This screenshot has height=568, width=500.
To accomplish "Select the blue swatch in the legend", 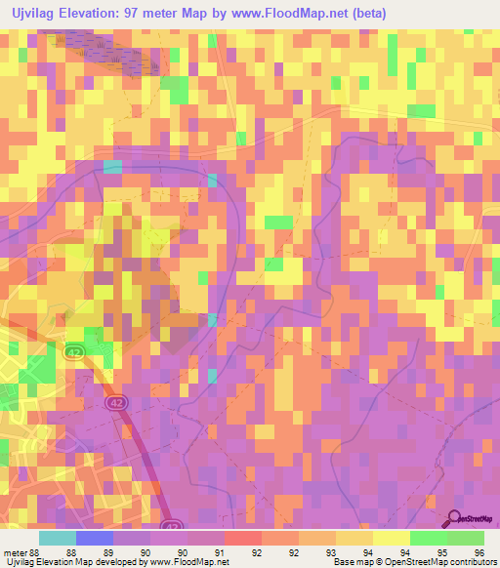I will pos(95,538).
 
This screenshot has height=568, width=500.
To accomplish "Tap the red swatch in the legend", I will pos(243,538).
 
